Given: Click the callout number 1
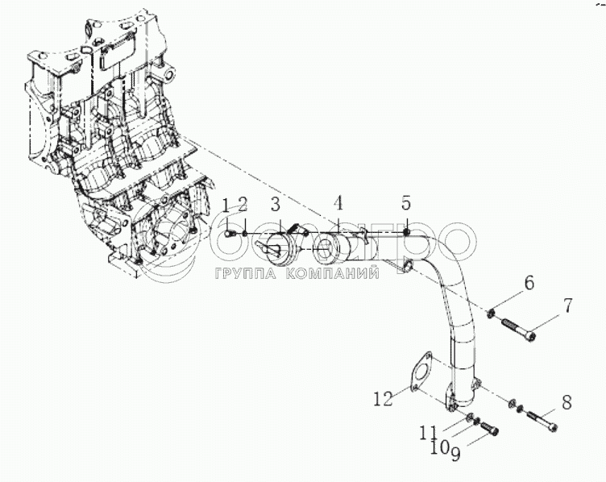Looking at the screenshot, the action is pos(226,203).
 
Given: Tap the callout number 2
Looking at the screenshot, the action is pos(243,203).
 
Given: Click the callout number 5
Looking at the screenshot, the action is pos(406,202).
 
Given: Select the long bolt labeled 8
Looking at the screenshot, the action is pos(540,418).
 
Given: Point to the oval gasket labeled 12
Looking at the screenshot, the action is pos(419,376).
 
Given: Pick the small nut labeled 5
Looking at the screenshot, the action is pos(406,230).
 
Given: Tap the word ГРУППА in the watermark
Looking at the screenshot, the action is pos(245,274).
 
